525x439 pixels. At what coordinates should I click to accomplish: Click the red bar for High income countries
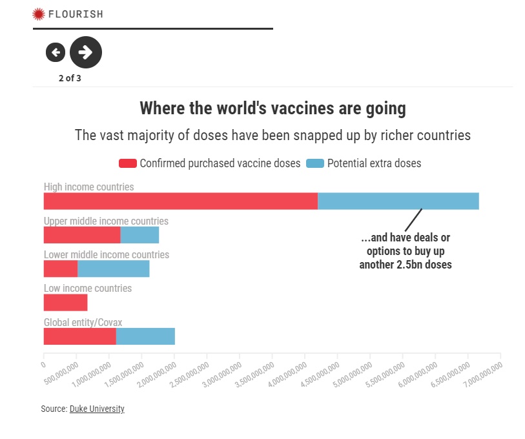[181, 201]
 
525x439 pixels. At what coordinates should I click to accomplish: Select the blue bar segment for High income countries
[398, 201]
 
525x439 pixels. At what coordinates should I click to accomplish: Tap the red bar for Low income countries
[65, 303]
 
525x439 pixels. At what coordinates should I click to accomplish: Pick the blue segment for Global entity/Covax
[145, 336]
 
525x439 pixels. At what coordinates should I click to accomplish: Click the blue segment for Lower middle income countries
[113, 269]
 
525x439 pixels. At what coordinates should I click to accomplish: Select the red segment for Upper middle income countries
[82, 235]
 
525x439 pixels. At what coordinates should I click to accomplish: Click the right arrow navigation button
[86, 52]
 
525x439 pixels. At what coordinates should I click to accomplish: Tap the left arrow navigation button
[56, 52]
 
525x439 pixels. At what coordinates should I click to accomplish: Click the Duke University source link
[97, 409]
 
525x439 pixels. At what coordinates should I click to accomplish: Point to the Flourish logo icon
[39, 14]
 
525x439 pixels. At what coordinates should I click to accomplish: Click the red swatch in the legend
[128, 163]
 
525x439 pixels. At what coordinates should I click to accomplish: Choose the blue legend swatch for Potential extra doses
[315, 163]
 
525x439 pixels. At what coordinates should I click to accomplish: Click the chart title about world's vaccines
[273, 108]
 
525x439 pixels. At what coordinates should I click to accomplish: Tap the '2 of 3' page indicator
[70, 79]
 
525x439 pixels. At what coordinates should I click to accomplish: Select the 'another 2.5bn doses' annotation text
[406, 265]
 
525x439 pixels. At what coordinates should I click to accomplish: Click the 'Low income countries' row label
[88, 289]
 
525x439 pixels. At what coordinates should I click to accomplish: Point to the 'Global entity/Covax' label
[83, 322]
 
